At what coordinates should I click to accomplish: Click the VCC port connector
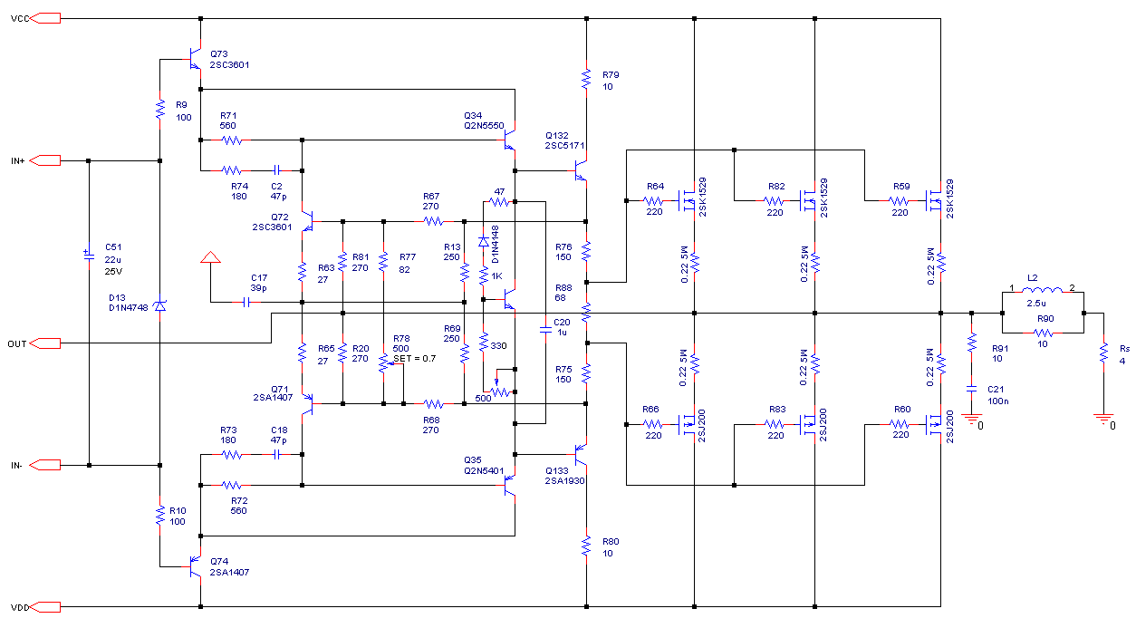(x=45, y=19)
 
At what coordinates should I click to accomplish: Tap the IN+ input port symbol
(x=45, y=160)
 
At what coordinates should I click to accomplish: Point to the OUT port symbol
(x=45, y=343)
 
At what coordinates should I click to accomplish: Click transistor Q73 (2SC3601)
(x=196, y=59)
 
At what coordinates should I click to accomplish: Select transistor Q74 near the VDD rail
(x=196, y=566)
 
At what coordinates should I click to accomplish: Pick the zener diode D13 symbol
(x=160, y=305)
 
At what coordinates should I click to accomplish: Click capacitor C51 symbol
(x=90, y=256)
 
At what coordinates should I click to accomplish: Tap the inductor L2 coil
(x=1042, y=290)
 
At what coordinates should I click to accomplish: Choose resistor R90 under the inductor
(x=1044, y=333)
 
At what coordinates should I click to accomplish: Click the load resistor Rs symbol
(x=1103, y=353)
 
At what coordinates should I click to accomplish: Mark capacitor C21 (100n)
(x=972, y=389)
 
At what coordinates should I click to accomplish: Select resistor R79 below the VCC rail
(x=586, y=80)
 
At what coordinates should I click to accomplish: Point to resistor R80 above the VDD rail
(x=586, y=546)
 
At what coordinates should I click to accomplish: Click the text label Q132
(x=557, y=135)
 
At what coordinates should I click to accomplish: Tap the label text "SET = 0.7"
(x=414, y=359)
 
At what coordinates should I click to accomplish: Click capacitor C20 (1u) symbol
(x=545, y=330)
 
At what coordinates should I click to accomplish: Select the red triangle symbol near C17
(x=210, y=257)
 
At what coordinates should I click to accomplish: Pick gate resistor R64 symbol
(x=654, y=201)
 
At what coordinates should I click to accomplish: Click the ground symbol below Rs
(x=1103, y=419)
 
